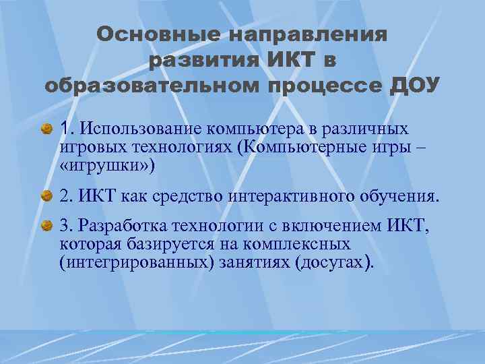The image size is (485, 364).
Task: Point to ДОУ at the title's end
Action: [x=416, y=86]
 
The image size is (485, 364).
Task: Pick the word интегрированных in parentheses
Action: [x=135, y=263]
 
